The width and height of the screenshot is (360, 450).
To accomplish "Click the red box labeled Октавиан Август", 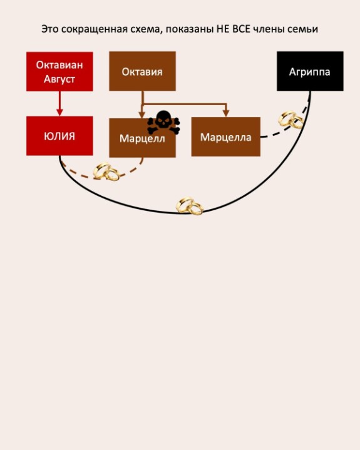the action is point(59,71).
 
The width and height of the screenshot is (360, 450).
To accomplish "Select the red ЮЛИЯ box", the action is point(59,136).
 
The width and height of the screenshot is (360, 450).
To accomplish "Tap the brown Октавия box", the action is point(142,71).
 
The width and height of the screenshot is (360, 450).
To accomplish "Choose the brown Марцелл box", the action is point(142,138).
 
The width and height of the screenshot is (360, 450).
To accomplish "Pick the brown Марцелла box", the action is point(226,136).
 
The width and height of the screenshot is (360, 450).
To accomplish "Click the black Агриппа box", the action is point(310,71).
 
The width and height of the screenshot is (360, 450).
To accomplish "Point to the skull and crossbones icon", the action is point(163,122).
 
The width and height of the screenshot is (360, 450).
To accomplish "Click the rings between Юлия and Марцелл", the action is point(106,171).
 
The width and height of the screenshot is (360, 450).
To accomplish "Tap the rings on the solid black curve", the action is point(190,206).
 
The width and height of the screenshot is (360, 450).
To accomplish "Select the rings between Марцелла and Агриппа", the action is point(291,120).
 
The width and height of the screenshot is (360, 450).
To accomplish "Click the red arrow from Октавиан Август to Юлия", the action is point(59,104).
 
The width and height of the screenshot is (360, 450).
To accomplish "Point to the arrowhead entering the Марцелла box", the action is point(226,113).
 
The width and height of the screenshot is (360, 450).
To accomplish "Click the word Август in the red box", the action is point(59,79).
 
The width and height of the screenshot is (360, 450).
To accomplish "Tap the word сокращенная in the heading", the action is point(95,29).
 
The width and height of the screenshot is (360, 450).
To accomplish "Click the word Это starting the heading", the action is point(49,29).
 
